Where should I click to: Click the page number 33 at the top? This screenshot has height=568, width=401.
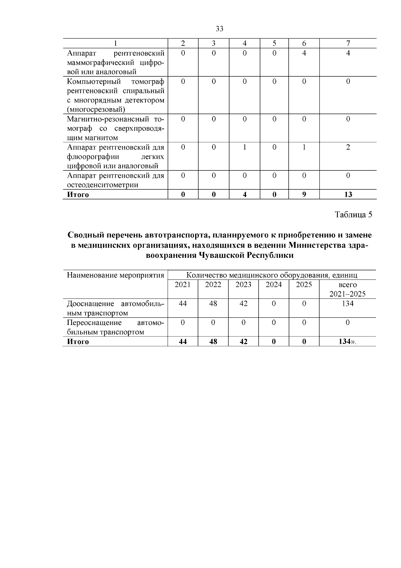pyautogui.click(x=220, y=29)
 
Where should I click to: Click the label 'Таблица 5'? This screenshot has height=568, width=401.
pyautogui.click(x=353, y=215)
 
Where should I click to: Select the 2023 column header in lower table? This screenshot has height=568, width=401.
pyautogui.click(x=243, y=285)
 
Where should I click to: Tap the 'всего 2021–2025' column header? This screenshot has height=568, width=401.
pyautogui.click(x=348, y=289)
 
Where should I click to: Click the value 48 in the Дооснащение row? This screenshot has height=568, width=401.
pyautogui.click(x=213, y=304)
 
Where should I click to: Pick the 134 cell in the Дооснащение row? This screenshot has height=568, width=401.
pyautogui.click(x=348, y=304)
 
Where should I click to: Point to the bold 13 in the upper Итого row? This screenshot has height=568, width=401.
pyautogui.click(x=348, y=194)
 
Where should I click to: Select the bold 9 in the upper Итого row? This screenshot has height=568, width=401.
pyautogui.click(x=304, y=194)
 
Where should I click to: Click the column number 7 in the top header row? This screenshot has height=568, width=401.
pyautogui.click(x=348, y=44)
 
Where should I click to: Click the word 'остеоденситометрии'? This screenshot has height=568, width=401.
pyautogui.click(x=103, y=185)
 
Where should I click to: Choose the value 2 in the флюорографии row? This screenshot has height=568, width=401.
pyautogui.click(x=348, y=147)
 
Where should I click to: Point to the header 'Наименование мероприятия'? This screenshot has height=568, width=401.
pyautogui.click(x=115, y=275)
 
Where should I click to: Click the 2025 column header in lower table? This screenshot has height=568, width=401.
pyautogui.click(x=304, y=285)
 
